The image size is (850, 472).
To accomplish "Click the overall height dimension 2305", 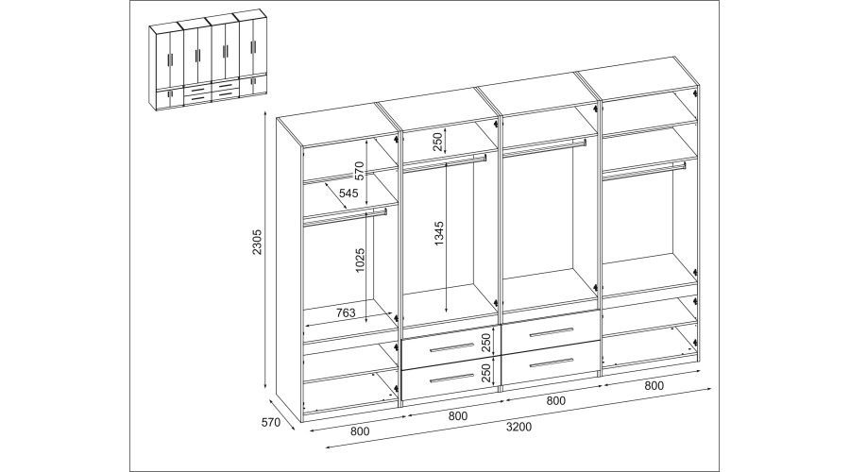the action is (x=257, y=243).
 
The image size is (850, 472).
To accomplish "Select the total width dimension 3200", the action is (x=518, y=427).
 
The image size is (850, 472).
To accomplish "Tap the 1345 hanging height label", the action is (x=439, y=233).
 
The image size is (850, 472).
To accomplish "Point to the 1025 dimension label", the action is (x=361, y=261).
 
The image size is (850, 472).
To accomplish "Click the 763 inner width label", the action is (x=346, y=312).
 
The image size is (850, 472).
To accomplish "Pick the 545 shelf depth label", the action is (x=348, y=193).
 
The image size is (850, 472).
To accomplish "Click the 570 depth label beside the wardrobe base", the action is (x=270, y=422).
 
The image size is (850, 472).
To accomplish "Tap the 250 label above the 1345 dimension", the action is (x=438, y=141).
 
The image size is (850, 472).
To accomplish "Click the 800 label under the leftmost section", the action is (x=360, y=431).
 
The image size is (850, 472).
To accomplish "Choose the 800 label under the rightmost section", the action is (x=654, y=386).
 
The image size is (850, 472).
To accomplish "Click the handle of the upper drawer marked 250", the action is (x=451, y=346).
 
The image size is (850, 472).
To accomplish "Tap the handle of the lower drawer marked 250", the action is (x=451, y=378).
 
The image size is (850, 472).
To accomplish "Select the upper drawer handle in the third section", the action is (x=551, y=332).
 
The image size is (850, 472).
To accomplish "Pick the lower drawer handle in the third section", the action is (x=551, y=362).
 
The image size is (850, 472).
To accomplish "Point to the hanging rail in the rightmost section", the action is (x=644, y=170).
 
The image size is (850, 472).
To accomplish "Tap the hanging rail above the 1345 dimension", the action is (x=445, y=162).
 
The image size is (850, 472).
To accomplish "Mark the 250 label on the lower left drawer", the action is (x=485, y=373).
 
